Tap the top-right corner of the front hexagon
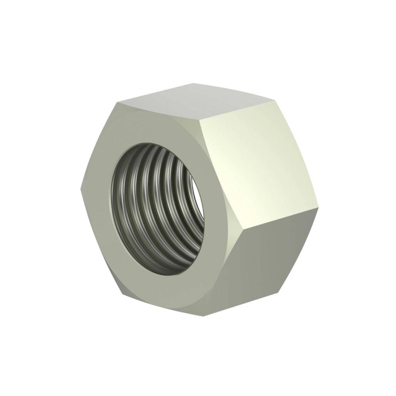tap(201, 120)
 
